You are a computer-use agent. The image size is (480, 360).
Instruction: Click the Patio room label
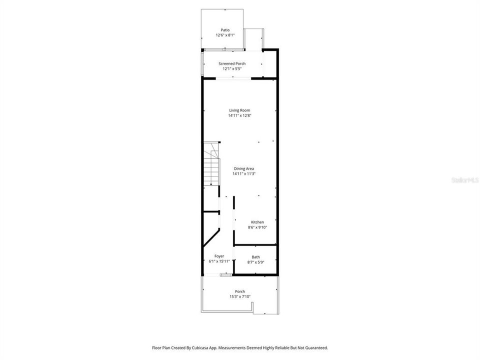point(225,30)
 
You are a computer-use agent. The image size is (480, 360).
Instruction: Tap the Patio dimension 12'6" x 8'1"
point(225,35)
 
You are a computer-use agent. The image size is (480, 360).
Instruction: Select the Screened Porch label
point(232,63)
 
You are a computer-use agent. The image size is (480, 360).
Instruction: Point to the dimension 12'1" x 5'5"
point(232,69)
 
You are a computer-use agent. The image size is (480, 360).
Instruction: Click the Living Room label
point(239,110)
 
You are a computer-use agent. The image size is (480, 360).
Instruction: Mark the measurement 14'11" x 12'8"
point(239,115)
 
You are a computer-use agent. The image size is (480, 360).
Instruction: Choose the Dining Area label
point(244,168)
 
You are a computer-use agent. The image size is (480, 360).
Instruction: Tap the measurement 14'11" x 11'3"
point(244,174)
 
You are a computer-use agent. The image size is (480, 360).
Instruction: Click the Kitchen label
point(257,222)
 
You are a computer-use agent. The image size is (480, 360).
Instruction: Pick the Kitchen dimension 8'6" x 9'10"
point(257,227)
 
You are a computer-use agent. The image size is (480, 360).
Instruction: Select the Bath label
point(256,257)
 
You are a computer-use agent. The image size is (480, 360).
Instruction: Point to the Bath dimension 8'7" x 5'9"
point(256,262)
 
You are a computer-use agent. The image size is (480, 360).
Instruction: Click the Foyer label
point(219,256)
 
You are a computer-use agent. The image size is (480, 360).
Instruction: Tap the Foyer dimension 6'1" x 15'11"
point(219,261)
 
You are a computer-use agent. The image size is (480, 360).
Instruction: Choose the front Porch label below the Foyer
point(240,291)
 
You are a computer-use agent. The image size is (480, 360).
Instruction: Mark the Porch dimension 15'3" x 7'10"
point(240,296)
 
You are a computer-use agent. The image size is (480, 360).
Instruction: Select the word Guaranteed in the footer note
point(317,348)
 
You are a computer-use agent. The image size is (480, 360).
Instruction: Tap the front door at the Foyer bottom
point(225,275)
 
